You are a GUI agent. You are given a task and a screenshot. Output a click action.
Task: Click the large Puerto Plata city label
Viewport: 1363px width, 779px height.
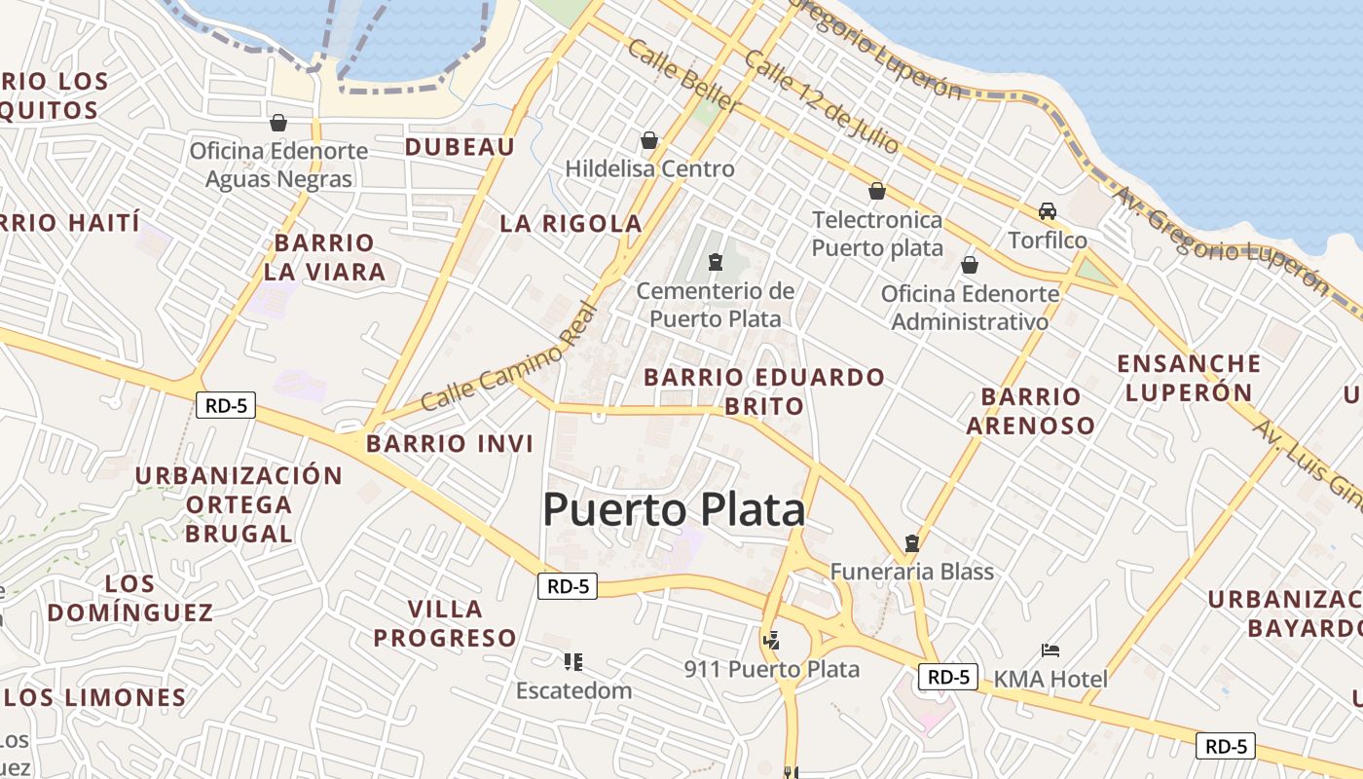pyautogui.click(x=674, y=510)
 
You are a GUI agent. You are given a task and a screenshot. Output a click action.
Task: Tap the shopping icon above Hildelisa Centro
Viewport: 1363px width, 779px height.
pyautogui.click(x=649, y=140)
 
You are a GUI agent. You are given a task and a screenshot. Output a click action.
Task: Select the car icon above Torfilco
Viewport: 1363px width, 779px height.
pyautogui.click(x=1048, y=211)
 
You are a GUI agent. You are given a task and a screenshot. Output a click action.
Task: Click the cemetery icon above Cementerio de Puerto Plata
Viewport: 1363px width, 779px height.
pyautogui.click(x=716, y=262)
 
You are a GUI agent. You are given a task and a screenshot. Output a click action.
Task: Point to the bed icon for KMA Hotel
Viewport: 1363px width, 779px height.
pyautogui.click(x=1050, y=649)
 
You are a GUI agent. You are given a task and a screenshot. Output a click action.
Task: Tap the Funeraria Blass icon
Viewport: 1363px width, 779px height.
pyautogui.click(x=912, y=542)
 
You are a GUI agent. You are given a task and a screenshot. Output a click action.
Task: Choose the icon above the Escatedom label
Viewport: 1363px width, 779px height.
pyautogui.click(x=573, y=662)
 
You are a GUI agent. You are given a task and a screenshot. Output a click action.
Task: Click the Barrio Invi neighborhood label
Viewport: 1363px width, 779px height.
pyautogui.click(x=450, y=444)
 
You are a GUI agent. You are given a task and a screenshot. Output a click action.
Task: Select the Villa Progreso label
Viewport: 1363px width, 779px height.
pyautogui.click(x=445, y=624)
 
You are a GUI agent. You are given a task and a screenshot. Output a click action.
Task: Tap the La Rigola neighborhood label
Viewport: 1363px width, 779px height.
pyautogui.click(x=571, y=224)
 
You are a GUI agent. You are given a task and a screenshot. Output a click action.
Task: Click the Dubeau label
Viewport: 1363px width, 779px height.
pyautogui.click(x=460, y=147)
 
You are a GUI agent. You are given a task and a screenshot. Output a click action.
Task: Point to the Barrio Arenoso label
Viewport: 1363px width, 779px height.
pyautogui.click(x=1031, y=411)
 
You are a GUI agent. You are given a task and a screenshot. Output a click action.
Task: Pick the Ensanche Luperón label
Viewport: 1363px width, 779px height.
pyautogui.click(x=1189, y=378)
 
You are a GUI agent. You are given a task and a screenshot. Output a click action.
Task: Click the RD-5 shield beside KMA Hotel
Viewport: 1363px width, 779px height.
pyautogui.click(x=947, y=677)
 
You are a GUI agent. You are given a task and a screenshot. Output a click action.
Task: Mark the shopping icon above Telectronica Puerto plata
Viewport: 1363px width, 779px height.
pyautogui.click(x=877, y=191)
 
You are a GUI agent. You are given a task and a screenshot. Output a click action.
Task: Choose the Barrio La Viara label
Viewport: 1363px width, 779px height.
pyautogui.click(x=325, y=257)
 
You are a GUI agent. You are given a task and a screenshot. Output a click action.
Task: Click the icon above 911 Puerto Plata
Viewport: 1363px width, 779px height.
pyautogui.click(x=771, y=640)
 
